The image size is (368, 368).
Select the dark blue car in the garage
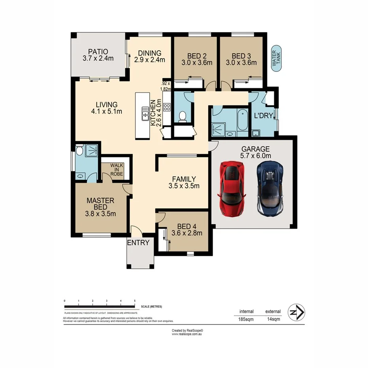tap(270, 188)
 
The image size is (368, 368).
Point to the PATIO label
tap(98, 51)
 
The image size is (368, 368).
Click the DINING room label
tap(149, 53)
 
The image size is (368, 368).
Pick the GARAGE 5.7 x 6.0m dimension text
tap(255, 156)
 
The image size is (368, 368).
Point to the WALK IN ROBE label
tap(116, 169)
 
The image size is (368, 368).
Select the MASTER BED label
tap(101, 204)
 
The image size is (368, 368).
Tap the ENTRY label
tap(138, 242)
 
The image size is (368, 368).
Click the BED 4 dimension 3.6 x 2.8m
tap(187, 233)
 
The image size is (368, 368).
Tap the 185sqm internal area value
tap(246, 319)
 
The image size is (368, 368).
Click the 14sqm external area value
tap(273, 319)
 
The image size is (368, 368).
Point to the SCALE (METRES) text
tap(152, 307)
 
